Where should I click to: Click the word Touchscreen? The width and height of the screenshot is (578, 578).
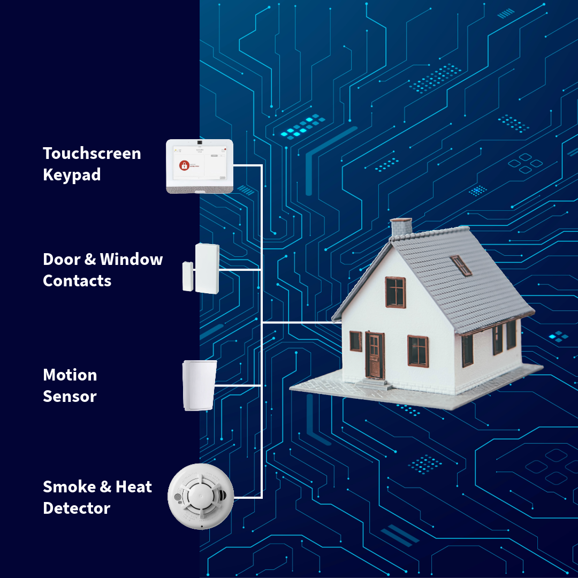click(92, 154)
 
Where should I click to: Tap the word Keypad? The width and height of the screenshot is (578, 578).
click(72, 175)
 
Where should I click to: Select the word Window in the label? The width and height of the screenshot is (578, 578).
click(131, 260)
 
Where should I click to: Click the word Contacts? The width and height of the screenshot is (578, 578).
click(77, 281)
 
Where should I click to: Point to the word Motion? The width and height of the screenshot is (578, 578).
click(70, 375)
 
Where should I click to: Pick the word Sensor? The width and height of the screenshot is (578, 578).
click(70, 397)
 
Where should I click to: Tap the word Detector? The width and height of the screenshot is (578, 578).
click(77, 508)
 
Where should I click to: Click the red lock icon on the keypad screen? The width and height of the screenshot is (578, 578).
click(184, 165)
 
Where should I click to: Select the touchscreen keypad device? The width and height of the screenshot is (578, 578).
click(200, 166)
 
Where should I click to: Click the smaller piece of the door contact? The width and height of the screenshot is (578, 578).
click(188, 276)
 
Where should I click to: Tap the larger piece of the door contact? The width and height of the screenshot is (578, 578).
click(207, 268)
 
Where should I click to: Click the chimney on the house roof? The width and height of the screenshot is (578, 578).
click(401, 227)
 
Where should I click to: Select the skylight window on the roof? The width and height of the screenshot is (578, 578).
click(460, 265)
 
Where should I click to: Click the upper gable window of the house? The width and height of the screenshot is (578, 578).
click(396, 292)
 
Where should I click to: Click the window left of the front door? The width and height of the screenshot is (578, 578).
click(355, 341)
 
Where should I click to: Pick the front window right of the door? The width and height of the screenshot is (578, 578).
click(417, 351)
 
